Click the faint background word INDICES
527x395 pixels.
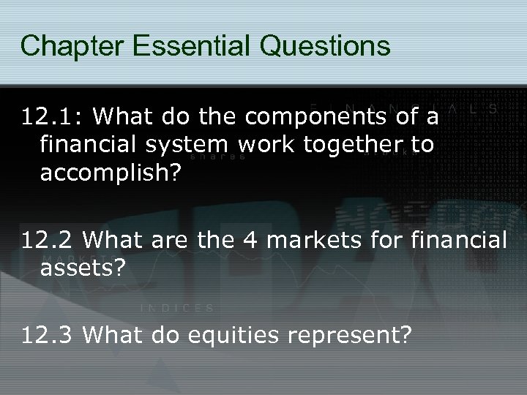tap(176, 307)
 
